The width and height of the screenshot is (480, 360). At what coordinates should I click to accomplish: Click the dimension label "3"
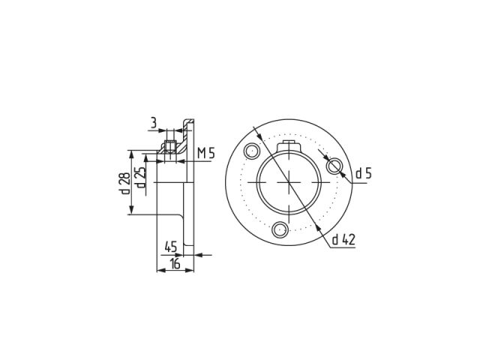(153, 121)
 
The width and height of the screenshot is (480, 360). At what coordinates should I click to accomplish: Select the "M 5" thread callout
(206, 154)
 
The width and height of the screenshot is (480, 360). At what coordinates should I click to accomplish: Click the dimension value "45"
(170, 246)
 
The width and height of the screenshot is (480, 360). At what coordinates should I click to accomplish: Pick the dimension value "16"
(175, 264)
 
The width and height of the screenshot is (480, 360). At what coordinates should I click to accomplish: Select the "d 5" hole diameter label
(363, 174)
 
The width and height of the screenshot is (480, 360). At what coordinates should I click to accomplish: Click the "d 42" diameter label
(341, 240)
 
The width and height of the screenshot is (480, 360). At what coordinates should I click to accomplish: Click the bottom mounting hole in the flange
(280, 229)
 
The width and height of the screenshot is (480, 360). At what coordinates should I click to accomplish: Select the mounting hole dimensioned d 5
(334, 165)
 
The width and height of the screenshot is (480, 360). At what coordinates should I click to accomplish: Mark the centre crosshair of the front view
(289, 182)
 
